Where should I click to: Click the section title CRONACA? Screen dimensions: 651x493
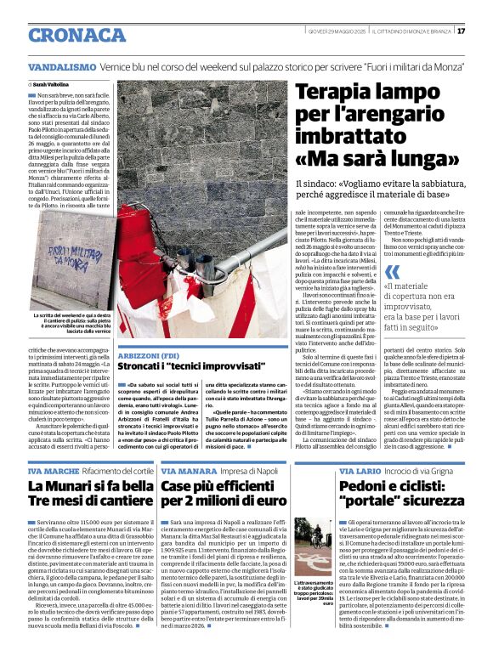[77, 35]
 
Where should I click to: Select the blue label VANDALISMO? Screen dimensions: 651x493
[61, 65]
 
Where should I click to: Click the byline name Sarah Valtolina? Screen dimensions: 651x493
[51, 85]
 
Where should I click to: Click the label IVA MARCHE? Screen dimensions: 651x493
[53, 471]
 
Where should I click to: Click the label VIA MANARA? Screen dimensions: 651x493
[188, 471]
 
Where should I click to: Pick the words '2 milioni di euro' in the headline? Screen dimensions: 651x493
[225, 501]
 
